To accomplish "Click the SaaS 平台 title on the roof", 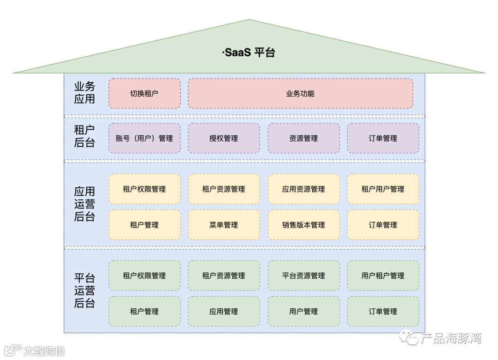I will click(249, 53).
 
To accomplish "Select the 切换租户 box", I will click(144, 94).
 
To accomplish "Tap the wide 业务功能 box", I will click(300, 94).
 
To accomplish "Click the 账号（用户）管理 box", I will click(144, 138).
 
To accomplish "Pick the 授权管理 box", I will click(224, 138).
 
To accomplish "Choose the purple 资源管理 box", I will click(303, 138).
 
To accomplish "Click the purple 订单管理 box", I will click(383, 138).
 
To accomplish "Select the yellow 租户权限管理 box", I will click(144, 189).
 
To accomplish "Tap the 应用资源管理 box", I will click(303, 189).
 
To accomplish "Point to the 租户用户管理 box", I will click(383, 189).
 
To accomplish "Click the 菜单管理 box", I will click(224, 225).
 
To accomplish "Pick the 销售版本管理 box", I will click(303, 225).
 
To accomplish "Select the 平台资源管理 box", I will click(303, 276).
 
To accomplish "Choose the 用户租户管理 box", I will click(383, 276).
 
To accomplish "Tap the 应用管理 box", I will click(224, 312).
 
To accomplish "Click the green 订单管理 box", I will click(383, 312).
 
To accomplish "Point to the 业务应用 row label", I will click(84, 93).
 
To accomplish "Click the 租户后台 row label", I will click(84, 137).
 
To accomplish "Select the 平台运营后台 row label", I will click(84, 291).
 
